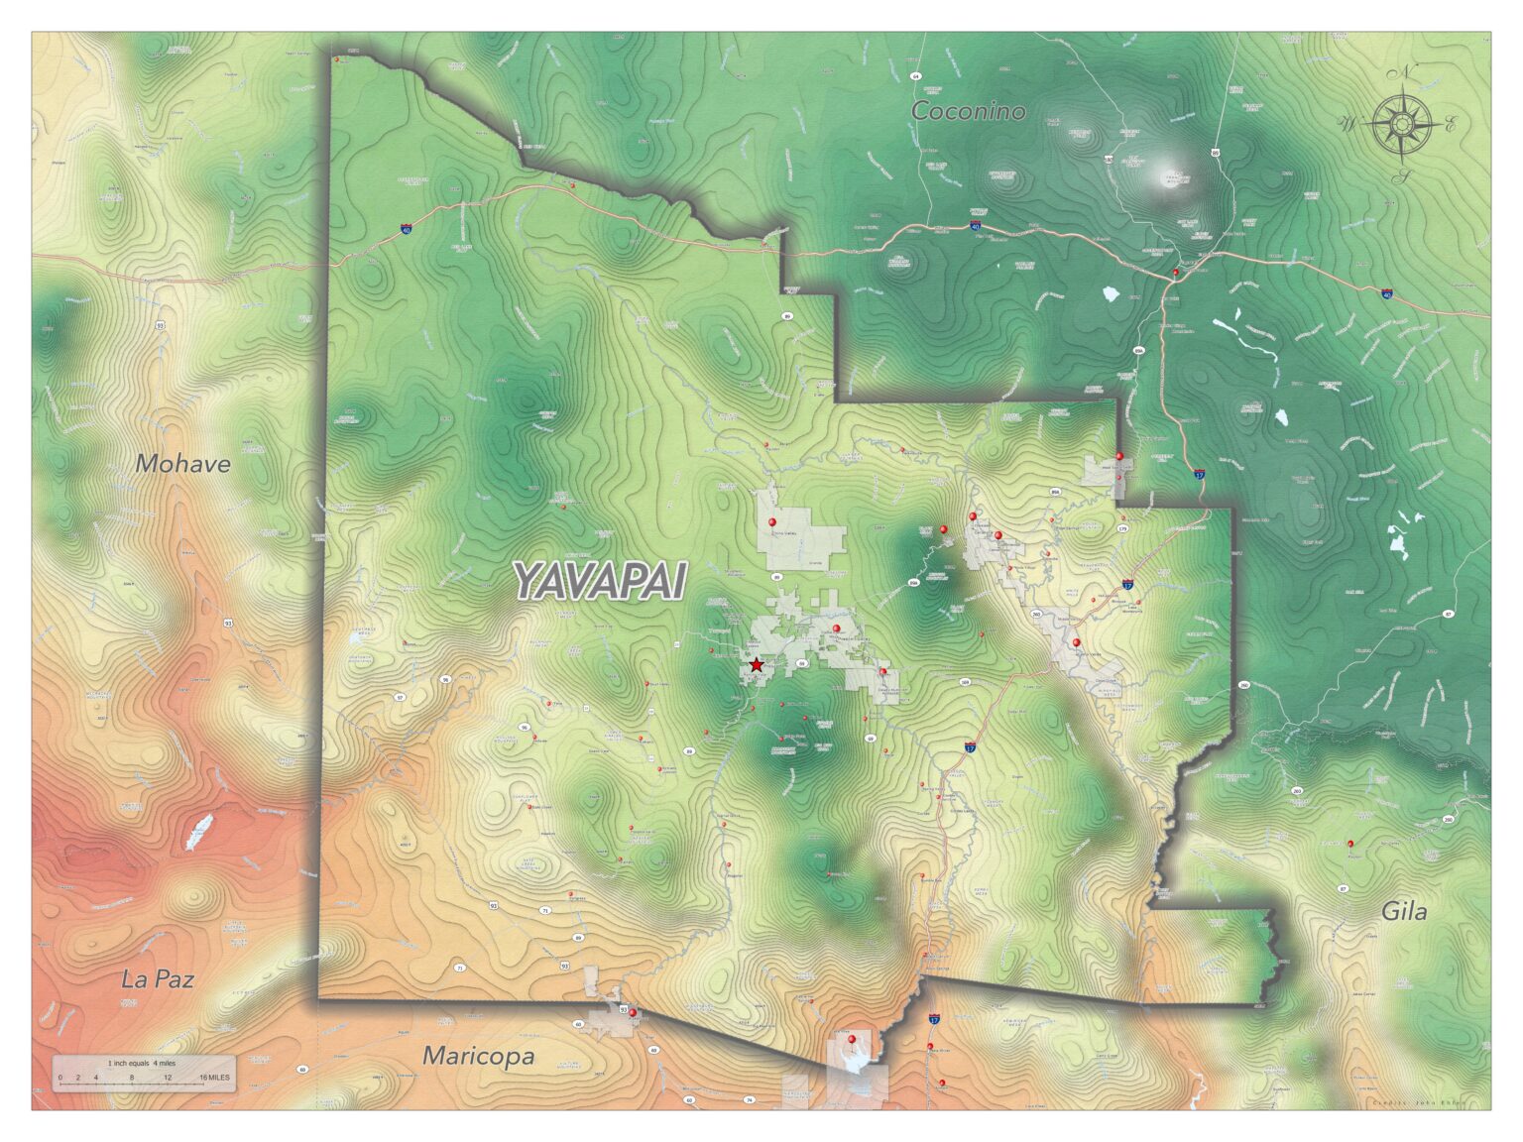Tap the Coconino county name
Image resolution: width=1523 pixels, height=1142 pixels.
click(968, 111)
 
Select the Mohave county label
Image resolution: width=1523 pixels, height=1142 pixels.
click(183, 463)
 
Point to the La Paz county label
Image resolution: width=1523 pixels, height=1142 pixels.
click(158, 979)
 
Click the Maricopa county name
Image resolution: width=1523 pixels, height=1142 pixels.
click(479, 1057)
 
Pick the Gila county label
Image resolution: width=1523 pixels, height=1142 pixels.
click(1404, 912)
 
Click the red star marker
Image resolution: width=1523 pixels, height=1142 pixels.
click(757, 665)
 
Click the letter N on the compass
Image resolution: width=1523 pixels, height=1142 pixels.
click(1405, 72)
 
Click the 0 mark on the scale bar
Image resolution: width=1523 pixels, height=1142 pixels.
click(59, 1078)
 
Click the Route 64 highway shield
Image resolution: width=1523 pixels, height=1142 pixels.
click(916, 76)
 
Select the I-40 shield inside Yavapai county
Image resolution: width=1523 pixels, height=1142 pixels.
click(407, 229)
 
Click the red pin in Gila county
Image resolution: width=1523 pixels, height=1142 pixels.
click(1350, 845)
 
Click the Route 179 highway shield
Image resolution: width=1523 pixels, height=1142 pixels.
click(1121, 529)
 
